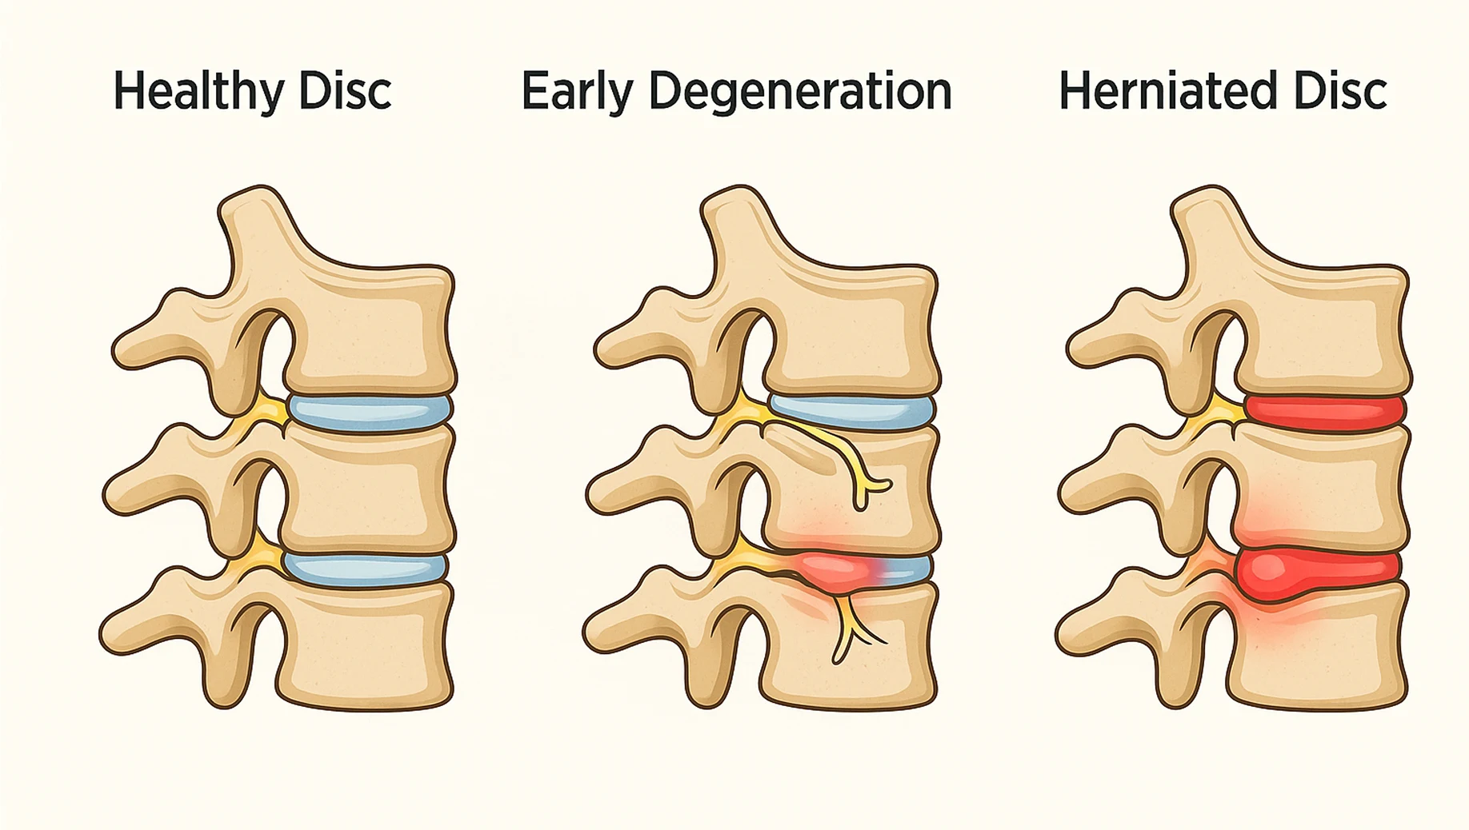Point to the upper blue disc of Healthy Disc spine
(368, 413)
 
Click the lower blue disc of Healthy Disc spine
(365, 569)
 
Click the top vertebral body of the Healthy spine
(372, 328)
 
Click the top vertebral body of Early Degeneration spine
(852, 328)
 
